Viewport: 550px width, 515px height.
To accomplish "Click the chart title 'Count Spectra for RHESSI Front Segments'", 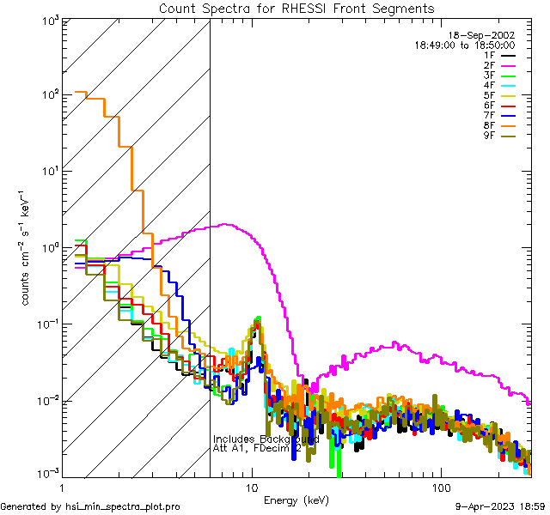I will click(x=296, y=9).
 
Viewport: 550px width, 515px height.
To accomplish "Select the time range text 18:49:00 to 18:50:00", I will click(x=464, y=45).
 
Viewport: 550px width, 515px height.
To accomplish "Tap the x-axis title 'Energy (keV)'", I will click(x=296, y=500).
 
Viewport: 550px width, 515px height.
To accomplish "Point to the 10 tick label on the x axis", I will click(x=251, y=487).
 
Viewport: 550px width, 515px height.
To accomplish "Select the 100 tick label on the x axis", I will click(x=440, y=487).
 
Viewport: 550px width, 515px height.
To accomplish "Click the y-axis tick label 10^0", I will click(x=47, y=248).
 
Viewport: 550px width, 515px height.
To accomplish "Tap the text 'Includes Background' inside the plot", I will click(x=266, y=439).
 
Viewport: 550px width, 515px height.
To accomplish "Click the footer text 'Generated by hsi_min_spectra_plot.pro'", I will click(x=90, y=507).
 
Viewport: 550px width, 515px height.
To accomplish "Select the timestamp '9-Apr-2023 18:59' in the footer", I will click(x=499, y=507).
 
